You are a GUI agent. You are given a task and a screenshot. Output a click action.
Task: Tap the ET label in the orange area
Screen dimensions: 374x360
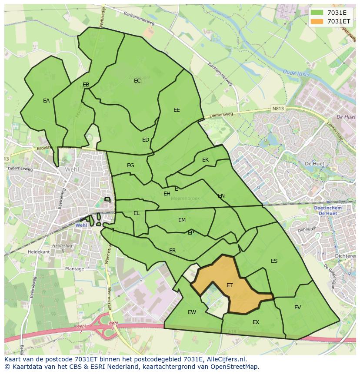coord(230,285)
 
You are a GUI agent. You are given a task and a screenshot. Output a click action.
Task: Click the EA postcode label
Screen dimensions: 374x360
coord(47,101)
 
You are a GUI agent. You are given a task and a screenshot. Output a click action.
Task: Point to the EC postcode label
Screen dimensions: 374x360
coord(137,81)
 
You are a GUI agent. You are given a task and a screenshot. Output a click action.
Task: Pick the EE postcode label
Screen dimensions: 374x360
coord(177,110)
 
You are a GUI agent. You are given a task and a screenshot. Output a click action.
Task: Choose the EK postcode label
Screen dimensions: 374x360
coord(206,160)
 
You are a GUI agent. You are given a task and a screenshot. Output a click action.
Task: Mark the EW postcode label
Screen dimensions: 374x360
coord(192,312)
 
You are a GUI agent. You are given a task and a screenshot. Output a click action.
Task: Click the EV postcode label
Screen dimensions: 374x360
coord(297,308)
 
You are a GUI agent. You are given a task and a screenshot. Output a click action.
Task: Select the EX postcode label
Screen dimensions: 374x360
coord(256,322)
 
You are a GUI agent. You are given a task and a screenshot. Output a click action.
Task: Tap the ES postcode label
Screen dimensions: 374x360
coord(274,261)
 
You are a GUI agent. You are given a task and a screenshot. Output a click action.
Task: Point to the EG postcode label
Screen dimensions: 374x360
coord(130,165)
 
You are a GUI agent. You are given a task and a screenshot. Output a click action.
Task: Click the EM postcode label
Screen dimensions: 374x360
coord(182,220)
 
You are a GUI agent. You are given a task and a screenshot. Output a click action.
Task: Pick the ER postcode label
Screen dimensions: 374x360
coord(173,251)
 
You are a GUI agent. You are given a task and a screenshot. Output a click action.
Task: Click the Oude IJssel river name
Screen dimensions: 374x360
coord(296,73)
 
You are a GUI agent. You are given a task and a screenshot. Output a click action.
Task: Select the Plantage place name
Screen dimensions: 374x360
coord(74,269)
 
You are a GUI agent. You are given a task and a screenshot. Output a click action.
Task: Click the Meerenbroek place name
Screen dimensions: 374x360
coord(185,199)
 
